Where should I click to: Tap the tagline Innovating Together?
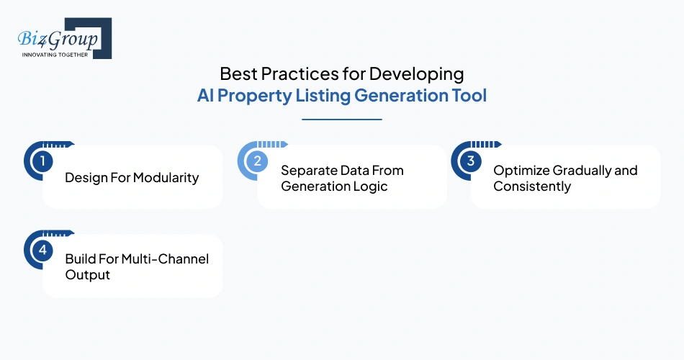click(55, 55)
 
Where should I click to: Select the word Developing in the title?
click(426, 74)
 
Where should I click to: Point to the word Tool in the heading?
click(470, 96)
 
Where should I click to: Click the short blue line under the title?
click(342, 120)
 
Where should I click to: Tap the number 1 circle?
click(42, 161)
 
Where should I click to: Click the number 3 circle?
click(470, 161)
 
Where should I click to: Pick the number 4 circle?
click(42, 250)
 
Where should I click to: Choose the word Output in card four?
click(88, 275)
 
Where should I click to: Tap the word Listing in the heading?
click(323, 96)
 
